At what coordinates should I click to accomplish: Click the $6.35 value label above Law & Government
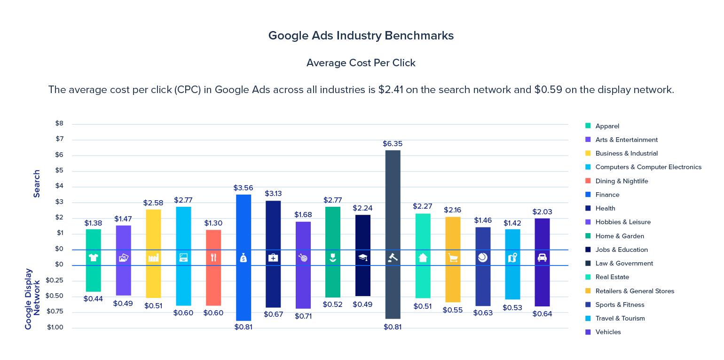(393, 144)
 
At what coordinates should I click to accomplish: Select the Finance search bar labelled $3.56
(244, 221)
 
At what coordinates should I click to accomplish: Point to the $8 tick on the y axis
(59, 124)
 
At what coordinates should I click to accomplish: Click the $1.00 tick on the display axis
(55, 327)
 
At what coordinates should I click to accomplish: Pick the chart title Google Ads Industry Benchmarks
(361, 36)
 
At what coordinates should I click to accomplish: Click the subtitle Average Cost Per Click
(361, 63)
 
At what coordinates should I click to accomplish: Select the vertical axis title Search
(37, 183)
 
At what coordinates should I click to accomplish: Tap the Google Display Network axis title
(33, 299)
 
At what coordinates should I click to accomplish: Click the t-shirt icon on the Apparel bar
(94, 258)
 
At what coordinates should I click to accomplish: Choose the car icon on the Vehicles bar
(542, 258)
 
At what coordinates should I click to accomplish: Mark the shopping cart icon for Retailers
(453, 258)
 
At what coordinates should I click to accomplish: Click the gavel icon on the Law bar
(393, 258)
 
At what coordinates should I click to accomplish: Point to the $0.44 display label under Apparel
(94, 299)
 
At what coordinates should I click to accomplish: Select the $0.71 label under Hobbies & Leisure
(303, 316)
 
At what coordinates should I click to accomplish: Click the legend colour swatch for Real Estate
(588, 277)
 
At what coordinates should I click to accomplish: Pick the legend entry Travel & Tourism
(620, 318)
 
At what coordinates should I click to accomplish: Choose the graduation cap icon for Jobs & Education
(363, 258)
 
